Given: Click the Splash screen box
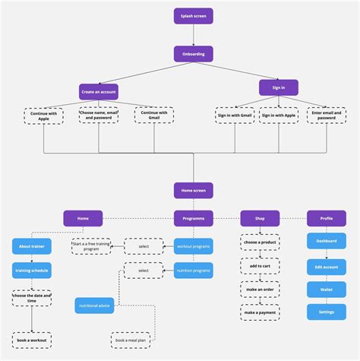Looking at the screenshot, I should click(193, 16).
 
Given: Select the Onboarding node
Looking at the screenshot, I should click(193, 54).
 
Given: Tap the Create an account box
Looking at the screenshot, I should click(99, 90).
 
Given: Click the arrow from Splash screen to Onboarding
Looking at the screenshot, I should click(193, 35).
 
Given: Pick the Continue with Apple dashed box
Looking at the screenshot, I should click(44, 116).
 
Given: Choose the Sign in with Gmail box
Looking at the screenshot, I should click(235, 115).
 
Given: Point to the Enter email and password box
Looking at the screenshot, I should click(327, 115).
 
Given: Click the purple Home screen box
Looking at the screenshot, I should click(193, 191).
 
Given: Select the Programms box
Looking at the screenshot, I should click(193, 219).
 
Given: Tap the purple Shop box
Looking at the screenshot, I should click(260, 219).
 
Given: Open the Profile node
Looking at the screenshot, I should click(327, 219).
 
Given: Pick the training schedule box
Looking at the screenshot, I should click(32, 270).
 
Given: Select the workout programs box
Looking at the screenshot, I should click(193, 245).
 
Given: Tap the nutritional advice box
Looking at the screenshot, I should click(94, 306).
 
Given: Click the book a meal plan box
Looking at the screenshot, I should click(131, 340).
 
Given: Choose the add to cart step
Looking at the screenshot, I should click(260, 266).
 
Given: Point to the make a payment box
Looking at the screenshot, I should click(260, 312).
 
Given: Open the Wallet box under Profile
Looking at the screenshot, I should click(327, 290).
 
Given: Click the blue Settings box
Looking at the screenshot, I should click(327, 312).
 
